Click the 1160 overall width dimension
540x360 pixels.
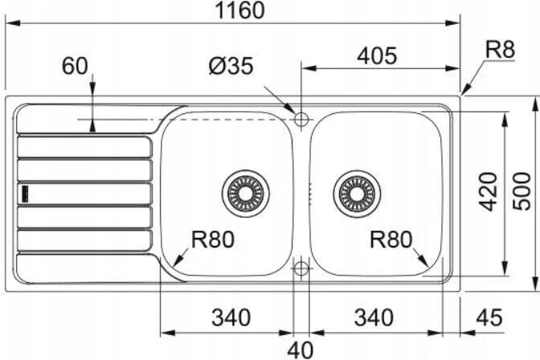tap(240, 10)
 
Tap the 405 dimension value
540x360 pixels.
tap(377, 55)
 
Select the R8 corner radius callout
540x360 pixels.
tap(500, 50)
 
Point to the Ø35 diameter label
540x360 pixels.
tap(231, 65)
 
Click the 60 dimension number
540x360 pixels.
tap(75, 66)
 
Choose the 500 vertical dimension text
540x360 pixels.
tap(522, 191)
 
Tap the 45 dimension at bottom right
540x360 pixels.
tap(489, 317)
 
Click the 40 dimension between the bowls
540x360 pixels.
tap(301, 350)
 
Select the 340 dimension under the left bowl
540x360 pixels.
tap(231, 317)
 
